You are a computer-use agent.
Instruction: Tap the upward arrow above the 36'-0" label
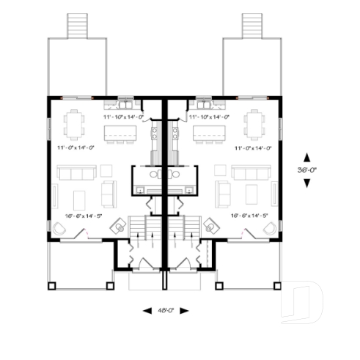coord(306,157)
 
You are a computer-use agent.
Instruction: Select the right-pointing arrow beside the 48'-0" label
coord(184,311)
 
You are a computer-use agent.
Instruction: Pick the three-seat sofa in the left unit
coord(76,173)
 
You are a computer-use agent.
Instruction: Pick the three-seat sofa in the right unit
coord(251,173)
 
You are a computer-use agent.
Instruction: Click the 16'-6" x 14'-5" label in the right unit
coord(249,216)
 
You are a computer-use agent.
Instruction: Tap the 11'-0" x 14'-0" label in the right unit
coord(254,147)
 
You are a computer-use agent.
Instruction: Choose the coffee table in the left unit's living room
coord(79,199)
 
